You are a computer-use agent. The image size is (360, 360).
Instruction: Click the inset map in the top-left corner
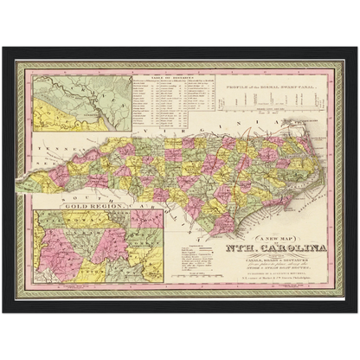click(x=77, y=103)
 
